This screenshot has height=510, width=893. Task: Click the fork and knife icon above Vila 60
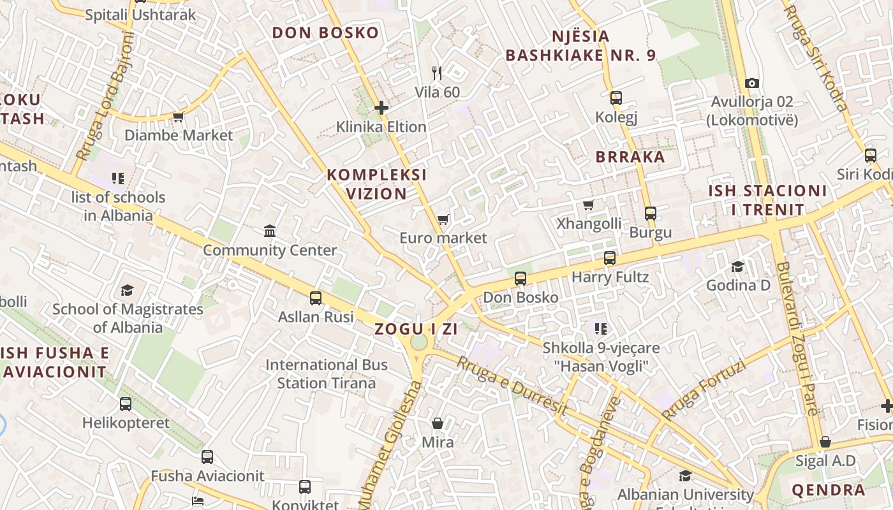coord(437,73)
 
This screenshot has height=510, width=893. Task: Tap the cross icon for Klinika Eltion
coord(381,108)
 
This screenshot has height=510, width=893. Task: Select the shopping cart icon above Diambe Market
coord(178,117)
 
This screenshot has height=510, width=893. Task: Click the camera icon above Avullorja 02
coord(752,83)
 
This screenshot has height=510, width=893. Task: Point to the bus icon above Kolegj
coord(616,98)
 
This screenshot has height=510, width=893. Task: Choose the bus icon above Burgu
coord(651,214)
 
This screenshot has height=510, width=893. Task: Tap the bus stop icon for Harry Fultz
coord(610,258)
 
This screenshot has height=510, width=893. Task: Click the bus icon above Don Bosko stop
coord(520,279)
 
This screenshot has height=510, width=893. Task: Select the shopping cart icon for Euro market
coord(443,220)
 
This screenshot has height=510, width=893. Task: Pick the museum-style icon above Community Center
coord(270,231)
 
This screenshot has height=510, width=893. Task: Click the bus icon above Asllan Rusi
coord(316,298)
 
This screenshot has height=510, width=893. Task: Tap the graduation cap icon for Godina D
coord(738,266)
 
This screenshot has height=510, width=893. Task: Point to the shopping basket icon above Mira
coord(438,423)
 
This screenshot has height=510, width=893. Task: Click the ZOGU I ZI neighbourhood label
coord(416,329)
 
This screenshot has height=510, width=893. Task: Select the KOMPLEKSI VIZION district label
coord(376,184)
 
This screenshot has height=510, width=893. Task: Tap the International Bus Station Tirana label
coord(327,374)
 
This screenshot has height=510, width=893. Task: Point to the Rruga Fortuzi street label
coord(704,390)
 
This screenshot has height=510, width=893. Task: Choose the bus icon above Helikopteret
coord(126,404)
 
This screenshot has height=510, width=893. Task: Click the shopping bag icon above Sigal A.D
coord(825,442)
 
